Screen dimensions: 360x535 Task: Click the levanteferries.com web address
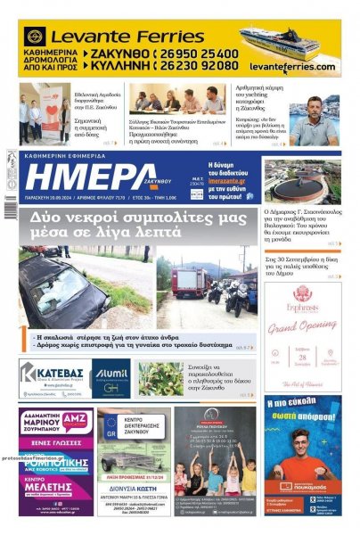coord(292,67)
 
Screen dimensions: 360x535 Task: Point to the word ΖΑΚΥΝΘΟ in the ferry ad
coord(117,53)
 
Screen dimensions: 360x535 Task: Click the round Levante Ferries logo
coord(36,37)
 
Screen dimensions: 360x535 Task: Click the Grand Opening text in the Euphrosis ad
coord(300,327)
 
